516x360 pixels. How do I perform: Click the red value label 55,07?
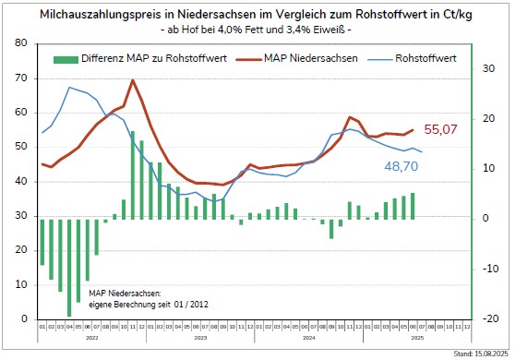[440, 130]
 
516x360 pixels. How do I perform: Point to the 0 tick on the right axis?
[484, 219]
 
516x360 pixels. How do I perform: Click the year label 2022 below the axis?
[91, 338]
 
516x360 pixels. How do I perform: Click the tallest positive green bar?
[132, 175]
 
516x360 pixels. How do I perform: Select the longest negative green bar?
[69, 267]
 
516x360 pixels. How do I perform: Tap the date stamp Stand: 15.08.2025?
[477, 353]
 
